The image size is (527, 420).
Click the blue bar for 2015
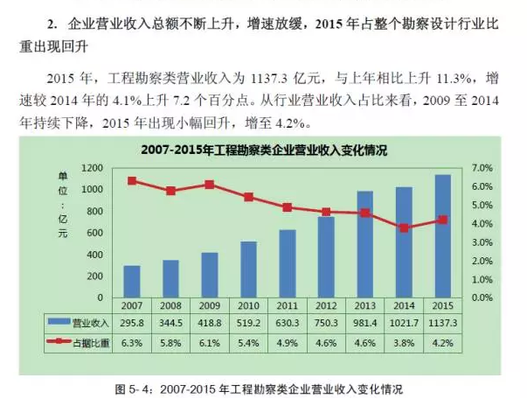click(x=443, y=236)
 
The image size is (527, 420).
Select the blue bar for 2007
click(x=132, y=281)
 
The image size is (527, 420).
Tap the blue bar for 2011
click(x=288, y=263)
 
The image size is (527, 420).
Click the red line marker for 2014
click(x=404, y=227)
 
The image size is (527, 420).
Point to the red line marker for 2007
click(x=132, y=181)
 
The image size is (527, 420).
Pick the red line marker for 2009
click(x=210, y=185)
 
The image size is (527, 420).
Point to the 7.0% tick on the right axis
click(x=482, y=167)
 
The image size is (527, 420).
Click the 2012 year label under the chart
click(x=326, y=304)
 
